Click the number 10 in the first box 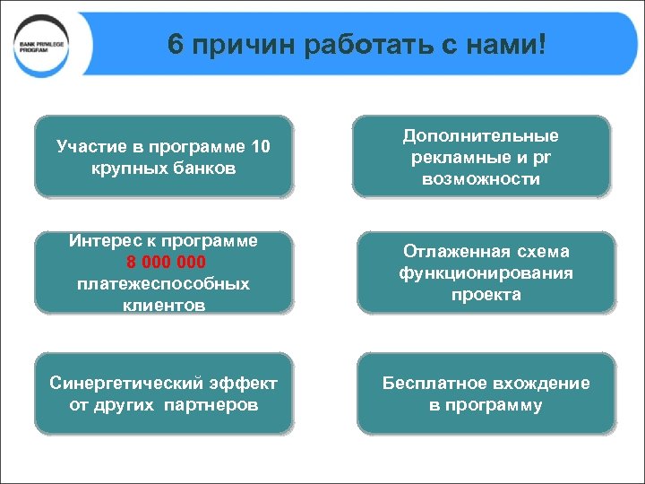(260, 146)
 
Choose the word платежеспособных (164, 283)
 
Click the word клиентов (164, 305)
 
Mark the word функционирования (486, 272)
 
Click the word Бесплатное (434, 384)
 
